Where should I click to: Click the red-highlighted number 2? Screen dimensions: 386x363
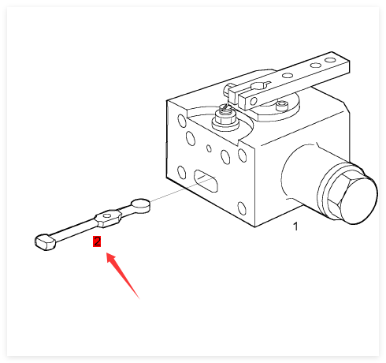[97, 241]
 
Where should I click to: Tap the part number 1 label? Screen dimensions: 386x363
[295, 226]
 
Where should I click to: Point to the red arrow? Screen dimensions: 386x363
[122, 275]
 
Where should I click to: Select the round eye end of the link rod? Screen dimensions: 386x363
[141, 204]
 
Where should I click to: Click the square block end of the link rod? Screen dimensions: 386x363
[45, 242]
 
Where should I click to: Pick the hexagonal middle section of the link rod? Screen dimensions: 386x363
[108, 218]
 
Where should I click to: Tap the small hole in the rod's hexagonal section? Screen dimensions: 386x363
[107, 215]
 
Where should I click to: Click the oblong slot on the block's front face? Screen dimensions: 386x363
[206, 181]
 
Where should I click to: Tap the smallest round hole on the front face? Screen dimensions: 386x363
[209, 148]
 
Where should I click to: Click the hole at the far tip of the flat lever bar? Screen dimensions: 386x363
[330, 60]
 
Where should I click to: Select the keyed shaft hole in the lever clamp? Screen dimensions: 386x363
[260, 86]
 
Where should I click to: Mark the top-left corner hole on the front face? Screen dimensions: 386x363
[182, 121]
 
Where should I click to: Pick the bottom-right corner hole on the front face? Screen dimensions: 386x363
[242, 208]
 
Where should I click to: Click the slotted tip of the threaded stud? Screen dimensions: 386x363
[225, 107]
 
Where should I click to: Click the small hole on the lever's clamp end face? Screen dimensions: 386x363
[254, 101]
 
